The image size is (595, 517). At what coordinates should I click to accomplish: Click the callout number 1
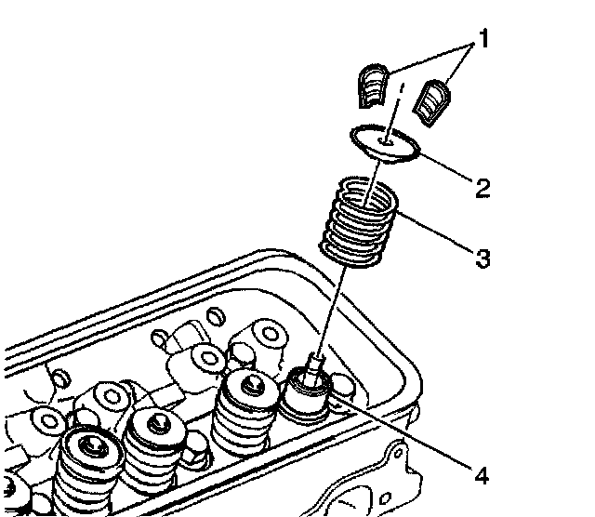(x=483, y=41)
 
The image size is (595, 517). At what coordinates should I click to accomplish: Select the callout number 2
(x=482, y=189)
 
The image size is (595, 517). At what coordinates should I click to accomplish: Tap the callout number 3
(x=482, y=258)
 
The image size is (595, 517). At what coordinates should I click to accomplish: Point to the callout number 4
(x=480, y=476)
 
